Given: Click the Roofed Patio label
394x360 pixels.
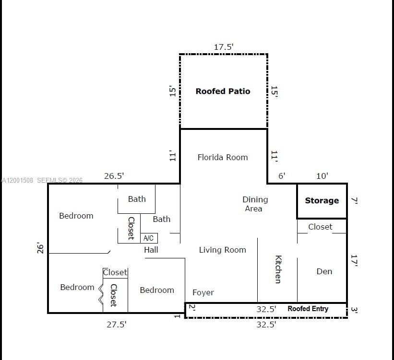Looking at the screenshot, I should click(x=223, y=91).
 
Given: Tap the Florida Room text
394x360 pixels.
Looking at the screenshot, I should click(x=223, y=157).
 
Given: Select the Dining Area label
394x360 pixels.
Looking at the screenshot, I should click(x=254, y=204).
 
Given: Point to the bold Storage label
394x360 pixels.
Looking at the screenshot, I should click(x=322, y=201).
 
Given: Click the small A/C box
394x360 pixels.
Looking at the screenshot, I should click(x=149, y=238).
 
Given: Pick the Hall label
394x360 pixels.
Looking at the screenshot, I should click(x=151, y=250).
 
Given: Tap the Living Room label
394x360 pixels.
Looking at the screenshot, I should click(x=222, y=250).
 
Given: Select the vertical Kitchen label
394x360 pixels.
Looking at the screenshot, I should click(x=278, y=269).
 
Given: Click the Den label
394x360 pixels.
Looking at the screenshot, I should click(x=324, y=271).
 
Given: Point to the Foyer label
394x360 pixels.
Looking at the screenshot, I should click(x=203, y=292).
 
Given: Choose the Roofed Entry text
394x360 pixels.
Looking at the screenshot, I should click(x=308, y=309).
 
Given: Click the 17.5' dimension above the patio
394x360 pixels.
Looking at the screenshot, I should click(x=224, y=47).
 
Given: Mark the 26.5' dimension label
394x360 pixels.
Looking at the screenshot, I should click(x=114, y=176).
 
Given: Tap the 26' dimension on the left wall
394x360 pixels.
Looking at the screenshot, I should click(x=41, y=248).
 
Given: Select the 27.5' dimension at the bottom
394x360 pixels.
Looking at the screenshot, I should click(x=117, y=325).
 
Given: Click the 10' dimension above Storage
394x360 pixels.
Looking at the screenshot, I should click(x=322, y=176).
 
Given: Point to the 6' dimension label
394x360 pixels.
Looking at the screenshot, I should click(x=282, y=176).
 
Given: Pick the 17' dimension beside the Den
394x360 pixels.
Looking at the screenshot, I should click(x=355, y=260).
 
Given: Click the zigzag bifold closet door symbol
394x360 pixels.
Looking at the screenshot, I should click(x=101, y=293).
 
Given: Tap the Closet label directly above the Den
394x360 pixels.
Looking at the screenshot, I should click(x=320, y=227).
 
